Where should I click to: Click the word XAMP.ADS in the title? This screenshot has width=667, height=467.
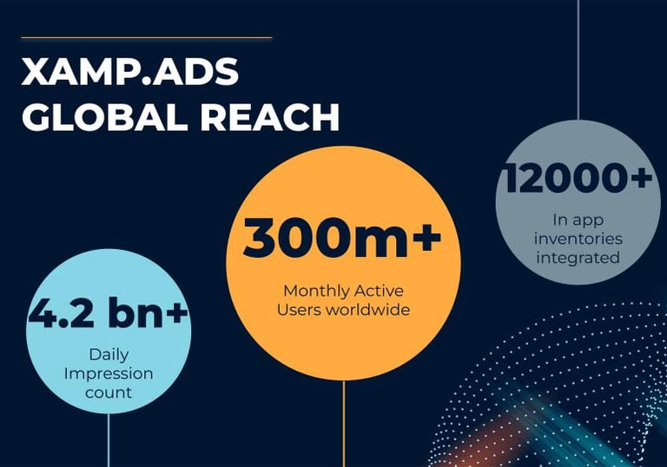coord(129,71)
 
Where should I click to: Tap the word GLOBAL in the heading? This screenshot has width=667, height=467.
coord(104,116)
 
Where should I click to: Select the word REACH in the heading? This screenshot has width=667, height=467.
coord(270,116)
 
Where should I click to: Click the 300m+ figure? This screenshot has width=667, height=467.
coord(342,237)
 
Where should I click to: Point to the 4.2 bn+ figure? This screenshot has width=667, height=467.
coord(108,313)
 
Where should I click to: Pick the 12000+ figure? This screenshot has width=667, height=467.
coord(578,178)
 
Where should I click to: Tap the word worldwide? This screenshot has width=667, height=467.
coord(367,309)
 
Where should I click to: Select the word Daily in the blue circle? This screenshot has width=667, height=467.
coord(109,355)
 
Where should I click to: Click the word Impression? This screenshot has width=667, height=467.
coord(109,374)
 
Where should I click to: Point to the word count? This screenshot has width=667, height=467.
coord(109,392)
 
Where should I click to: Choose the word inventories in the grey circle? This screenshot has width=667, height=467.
coord(578,239)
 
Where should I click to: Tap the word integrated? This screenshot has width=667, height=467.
coord(578,258)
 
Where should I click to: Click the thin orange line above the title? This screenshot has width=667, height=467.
coord(146,38)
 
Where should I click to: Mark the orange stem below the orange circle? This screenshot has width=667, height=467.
coord(344,424)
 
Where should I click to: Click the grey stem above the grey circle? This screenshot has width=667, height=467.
coord(578,60)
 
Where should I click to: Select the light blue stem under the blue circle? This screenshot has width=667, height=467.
coord(109,440)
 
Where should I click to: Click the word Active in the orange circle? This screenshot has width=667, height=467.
coord(379,292)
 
